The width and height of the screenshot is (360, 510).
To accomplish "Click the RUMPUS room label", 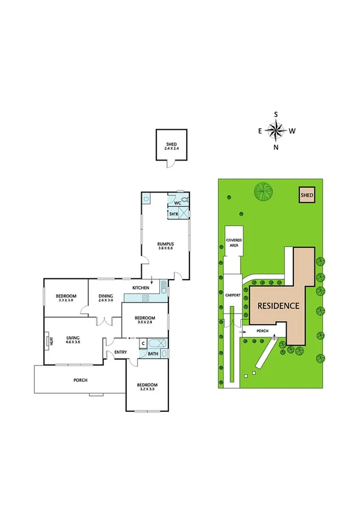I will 165,244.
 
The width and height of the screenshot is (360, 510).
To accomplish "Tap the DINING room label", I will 106,296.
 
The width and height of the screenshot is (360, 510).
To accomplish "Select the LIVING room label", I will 73,338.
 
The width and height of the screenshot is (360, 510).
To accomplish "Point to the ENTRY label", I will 120,352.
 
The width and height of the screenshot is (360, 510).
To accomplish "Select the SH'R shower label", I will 172,214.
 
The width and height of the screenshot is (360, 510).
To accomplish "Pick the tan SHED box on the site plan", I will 307,195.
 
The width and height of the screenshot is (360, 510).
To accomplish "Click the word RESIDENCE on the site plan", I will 278,306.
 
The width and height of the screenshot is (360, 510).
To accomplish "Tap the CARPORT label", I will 233,296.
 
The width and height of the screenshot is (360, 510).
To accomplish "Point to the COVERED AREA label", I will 234,242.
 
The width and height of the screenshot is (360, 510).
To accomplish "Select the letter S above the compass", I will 276,114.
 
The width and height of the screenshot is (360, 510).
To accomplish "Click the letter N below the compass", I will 276,146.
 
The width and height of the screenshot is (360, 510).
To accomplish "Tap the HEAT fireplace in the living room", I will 47,342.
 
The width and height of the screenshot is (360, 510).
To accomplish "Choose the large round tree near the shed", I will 263,192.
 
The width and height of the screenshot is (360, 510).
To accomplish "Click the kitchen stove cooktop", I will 144,298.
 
